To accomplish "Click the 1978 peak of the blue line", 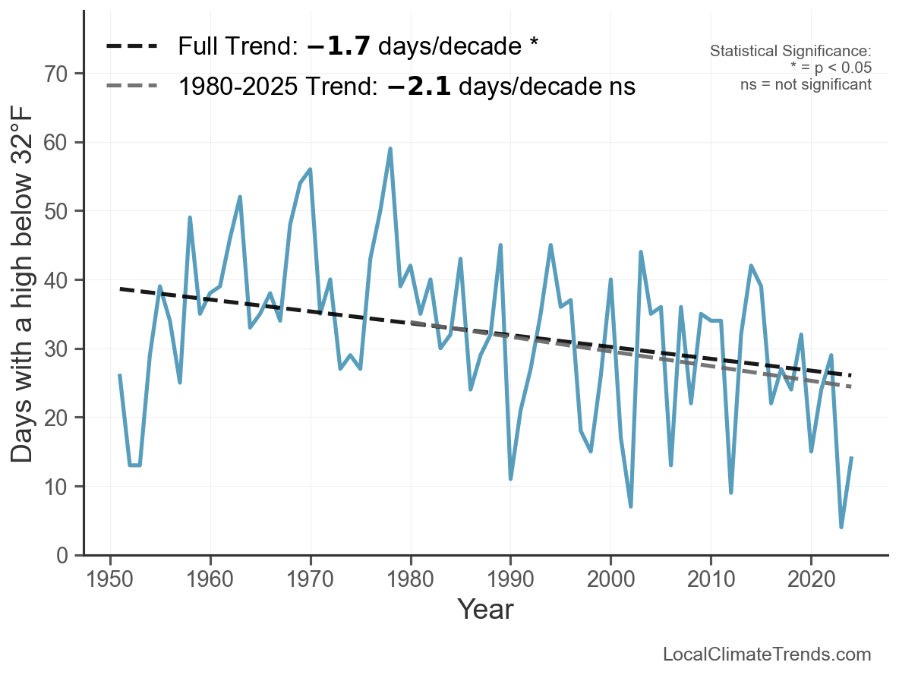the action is click(x=390, y=149).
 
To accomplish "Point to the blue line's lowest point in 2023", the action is click(x=841, y=526).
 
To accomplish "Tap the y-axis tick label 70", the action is click(x=55, y=74).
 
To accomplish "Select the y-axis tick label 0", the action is click(x=62, y=555).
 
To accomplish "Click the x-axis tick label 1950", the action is click(x=109, y=579).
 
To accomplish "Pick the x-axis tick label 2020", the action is click(x=811, y=579).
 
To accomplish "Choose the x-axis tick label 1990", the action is click(x=510, y=579).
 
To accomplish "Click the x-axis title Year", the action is click(x=486, y=609).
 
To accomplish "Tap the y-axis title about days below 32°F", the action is click(x=23, y=285).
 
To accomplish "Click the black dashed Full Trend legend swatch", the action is click(x=131, y=46).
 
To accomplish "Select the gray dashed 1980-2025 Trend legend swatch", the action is click(x=131, y=86).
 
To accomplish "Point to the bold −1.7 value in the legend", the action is click(x=339, y=46).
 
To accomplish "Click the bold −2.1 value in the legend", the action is click(x=419, y=87).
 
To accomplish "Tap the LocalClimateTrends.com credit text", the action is click(x=767, y=654).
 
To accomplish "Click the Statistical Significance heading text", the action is click(x=790, y=51).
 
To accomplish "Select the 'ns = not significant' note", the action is click(x=806, y=85).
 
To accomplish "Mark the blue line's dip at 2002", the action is click(x=631, y=506).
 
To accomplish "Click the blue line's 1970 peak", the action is click(x=311, y=170).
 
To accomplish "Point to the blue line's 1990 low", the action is click(x=510, y=478).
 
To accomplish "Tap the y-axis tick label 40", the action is click(x=55, y=280).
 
